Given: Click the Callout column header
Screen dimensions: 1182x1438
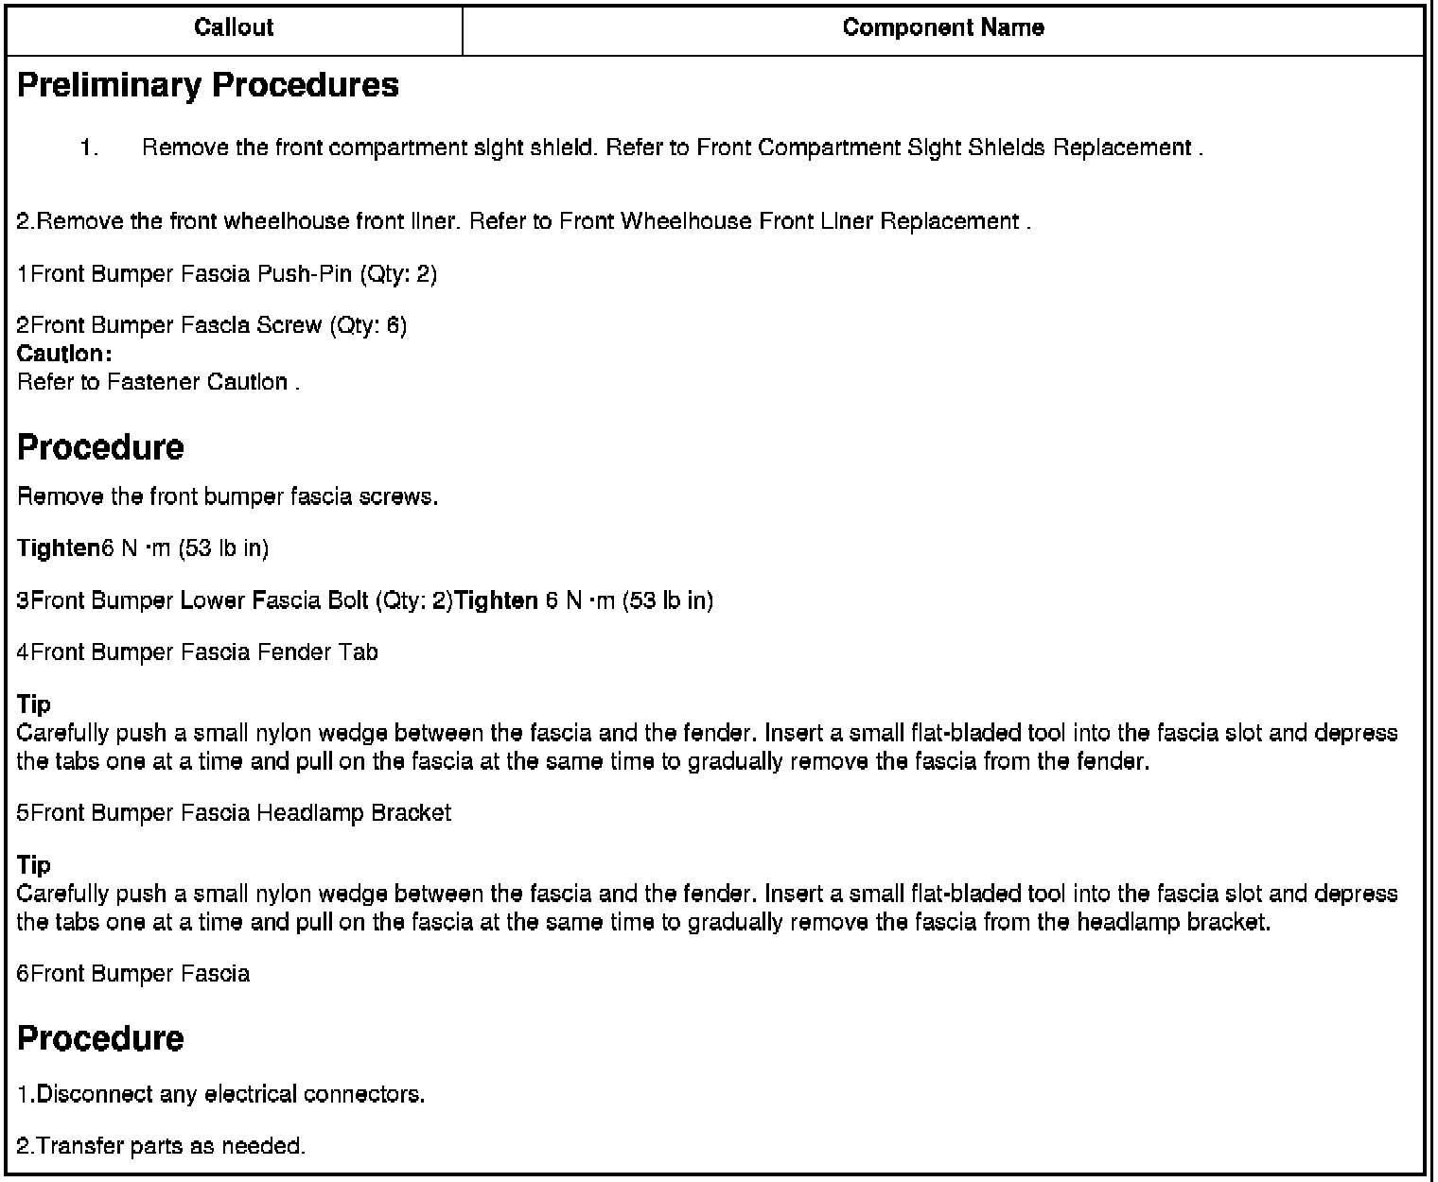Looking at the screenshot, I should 234,27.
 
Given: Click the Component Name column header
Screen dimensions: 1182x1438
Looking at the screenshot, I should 943,27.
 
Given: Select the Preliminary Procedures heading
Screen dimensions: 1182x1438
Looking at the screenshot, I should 208,85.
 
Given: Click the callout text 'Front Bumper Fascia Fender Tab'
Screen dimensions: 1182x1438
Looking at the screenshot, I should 203,652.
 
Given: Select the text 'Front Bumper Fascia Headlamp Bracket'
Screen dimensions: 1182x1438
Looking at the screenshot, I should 240,813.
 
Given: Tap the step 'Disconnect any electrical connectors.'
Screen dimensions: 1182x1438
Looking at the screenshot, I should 221,1094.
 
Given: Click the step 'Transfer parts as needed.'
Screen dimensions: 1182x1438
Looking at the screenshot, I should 162,1146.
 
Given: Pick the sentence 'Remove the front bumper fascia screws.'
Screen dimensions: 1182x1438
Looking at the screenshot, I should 228,496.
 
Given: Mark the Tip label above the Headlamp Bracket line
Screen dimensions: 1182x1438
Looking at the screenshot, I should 34,704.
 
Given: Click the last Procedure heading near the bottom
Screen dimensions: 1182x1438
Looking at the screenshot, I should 101,1038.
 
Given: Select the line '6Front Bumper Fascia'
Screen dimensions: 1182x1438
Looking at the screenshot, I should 133,974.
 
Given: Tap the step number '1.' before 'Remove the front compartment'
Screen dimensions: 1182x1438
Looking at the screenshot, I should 90,148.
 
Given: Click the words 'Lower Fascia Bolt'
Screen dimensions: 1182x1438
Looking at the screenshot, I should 274,600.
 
